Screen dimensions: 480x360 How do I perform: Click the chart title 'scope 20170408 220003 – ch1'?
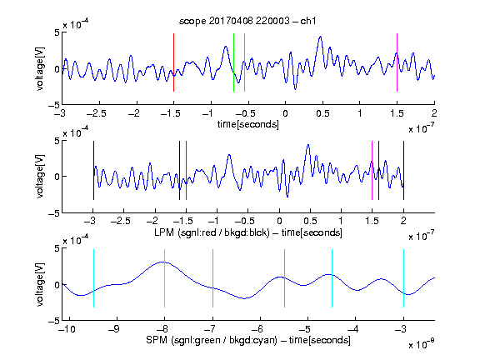click(x=247, y=21)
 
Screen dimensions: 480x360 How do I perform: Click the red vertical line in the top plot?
click(x=173, y=62)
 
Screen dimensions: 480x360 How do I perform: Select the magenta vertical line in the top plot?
click(x=397, y=62)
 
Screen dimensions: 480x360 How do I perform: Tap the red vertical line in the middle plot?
click(x=186, y=171)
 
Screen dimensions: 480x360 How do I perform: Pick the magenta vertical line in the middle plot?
click(x=372, y=171)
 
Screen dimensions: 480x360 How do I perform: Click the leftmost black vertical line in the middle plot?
click(x=93, y=171)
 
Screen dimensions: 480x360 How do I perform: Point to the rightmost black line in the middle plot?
click(x=403, y=171)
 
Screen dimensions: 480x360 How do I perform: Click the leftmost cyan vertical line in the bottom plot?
click(x=93, y=278)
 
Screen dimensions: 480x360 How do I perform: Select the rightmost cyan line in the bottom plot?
click(x=403, y=278)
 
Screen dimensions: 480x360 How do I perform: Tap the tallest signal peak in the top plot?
click(x=320, y=37)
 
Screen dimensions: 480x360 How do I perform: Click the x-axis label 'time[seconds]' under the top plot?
click(x=248, y=125)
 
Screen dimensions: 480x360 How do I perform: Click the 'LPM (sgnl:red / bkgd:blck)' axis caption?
click(x=212, y=232)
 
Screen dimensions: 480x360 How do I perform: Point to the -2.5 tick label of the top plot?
click(x=96, y=114)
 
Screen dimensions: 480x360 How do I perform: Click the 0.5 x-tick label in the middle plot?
click(x=310, y=221)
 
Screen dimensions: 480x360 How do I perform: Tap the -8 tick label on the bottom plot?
click(x=162, y=329)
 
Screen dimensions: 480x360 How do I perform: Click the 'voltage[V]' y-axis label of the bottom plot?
click(x=40, y=284)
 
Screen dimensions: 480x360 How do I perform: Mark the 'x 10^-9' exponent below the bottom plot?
click(x=421, y=344)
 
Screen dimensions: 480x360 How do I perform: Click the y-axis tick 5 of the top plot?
click(x=57, y=32)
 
